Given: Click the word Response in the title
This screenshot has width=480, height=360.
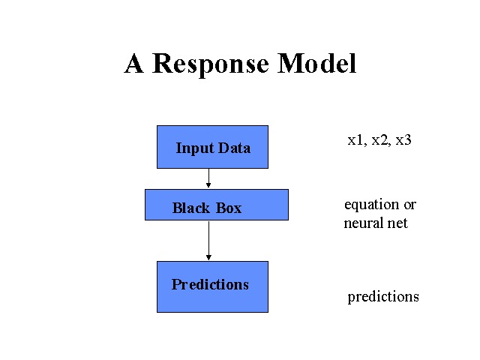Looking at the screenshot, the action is pos(211,64).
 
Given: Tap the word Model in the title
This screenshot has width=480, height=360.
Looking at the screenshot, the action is pos(316,63).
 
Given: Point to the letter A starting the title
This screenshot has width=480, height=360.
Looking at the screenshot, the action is pos(133,63).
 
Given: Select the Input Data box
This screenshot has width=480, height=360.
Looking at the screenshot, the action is pos(212,147).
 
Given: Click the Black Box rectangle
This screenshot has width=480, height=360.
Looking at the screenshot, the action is pos(217,205).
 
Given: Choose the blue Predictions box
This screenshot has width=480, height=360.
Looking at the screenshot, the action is pos(212,286).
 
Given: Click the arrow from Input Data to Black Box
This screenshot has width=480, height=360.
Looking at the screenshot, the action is pos(208,178).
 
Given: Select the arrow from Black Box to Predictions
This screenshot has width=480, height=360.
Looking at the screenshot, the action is pos(208,241).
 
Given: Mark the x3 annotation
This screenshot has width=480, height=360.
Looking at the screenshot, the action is pos(403,140).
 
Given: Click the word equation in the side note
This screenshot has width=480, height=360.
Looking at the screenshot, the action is pos(372,205).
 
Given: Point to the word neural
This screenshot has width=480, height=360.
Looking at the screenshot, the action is pos(363,223).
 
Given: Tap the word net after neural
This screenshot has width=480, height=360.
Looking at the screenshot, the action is pos(397,223).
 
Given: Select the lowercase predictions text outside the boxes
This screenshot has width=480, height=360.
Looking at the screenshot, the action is pos(383,297).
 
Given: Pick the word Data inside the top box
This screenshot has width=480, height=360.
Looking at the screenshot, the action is pos(234,148).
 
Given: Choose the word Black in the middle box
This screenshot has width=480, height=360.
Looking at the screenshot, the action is pos(191,208).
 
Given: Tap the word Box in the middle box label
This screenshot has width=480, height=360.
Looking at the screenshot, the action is pos(229,208).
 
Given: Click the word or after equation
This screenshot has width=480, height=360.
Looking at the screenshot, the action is pos(410,205).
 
